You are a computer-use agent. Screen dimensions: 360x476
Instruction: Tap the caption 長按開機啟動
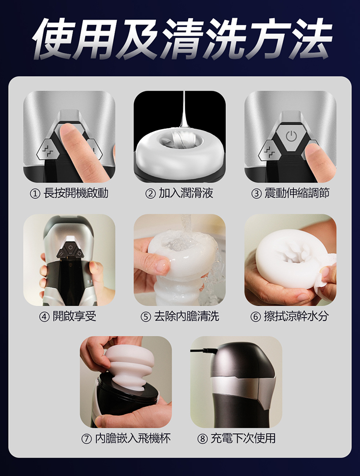pyautogui.click(x=76, y=193)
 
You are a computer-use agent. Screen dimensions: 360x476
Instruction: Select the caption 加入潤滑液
pyautogui.click(x=186, y=193)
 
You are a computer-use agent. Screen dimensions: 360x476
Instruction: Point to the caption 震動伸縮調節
pyautogui.click(x=297, y=193)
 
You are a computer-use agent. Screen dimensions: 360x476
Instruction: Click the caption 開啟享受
pyautogui.click(x=74, y=316)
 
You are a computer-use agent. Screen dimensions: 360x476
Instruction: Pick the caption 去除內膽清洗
pyautogui.click(x=186, y=316)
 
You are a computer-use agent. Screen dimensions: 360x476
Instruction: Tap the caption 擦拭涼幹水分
pyautogui.click(x=296, y=316)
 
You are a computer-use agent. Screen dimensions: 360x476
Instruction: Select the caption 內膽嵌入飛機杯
pyautogui.click(x=133, y=439)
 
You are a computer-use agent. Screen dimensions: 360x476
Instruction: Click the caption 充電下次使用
pyautogui.click(x=243, y=439)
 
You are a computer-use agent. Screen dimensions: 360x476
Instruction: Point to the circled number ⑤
pyautogui.click(x=145, y=317)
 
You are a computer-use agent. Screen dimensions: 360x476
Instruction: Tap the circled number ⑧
pyautogui.click(x=203, y=439)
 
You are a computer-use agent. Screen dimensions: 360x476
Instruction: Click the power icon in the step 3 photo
pyautogui.click(x=291, y=136)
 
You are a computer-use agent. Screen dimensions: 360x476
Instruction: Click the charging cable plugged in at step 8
pyautogui.click(x=204, y=351)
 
